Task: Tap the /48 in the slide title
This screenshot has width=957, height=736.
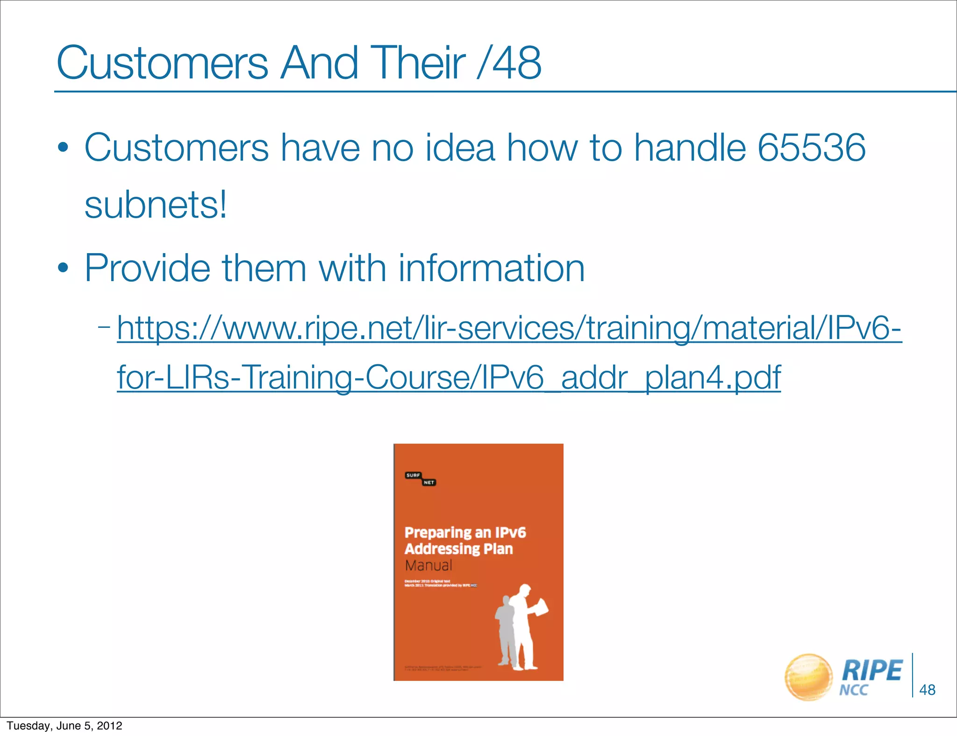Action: (509, 63)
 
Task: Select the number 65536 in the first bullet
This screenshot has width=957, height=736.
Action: (811, 148)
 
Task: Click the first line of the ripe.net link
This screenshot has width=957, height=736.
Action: (509, 328)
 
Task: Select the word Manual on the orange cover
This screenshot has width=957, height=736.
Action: (429, 565)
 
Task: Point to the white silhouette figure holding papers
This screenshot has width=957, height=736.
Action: (526, 626)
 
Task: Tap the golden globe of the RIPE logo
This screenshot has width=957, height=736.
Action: (808, 677)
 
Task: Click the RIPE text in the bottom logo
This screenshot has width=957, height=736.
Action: (871, 671)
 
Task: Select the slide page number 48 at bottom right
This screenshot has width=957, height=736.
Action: (927, 690)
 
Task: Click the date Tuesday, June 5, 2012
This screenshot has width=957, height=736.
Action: (64, 726)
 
